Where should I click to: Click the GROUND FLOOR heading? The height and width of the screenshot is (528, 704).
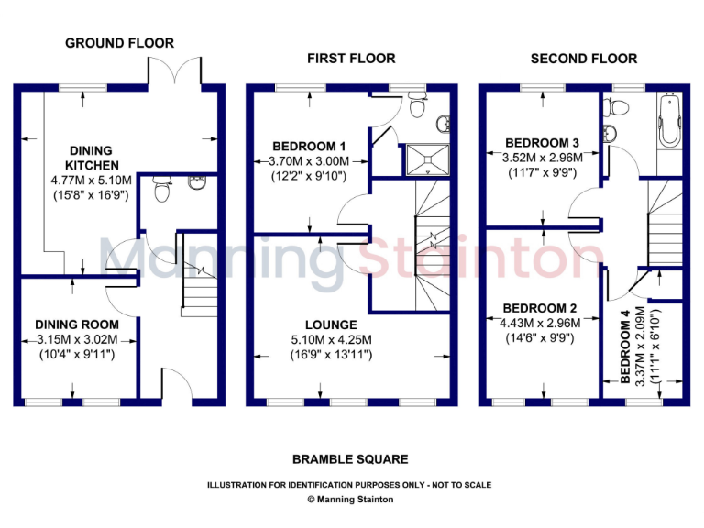119,43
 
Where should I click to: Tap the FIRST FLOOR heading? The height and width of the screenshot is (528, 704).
351,59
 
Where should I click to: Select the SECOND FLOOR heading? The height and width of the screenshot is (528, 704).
584,59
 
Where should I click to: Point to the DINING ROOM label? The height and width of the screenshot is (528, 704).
77,324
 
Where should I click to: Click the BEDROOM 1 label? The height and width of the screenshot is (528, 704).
309,146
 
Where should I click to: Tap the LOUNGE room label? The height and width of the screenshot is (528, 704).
331,324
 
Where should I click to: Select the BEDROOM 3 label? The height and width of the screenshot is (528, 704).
542,143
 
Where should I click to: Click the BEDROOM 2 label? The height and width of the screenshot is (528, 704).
540,308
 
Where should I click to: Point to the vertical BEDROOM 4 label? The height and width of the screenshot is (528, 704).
625,347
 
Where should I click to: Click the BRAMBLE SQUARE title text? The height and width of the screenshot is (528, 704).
350,459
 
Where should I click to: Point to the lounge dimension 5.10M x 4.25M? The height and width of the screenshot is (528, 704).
331,340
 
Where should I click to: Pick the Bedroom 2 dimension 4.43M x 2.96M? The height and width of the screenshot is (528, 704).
540,323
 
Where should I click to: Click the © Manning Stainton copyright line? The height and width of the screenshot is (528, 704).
349,500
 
